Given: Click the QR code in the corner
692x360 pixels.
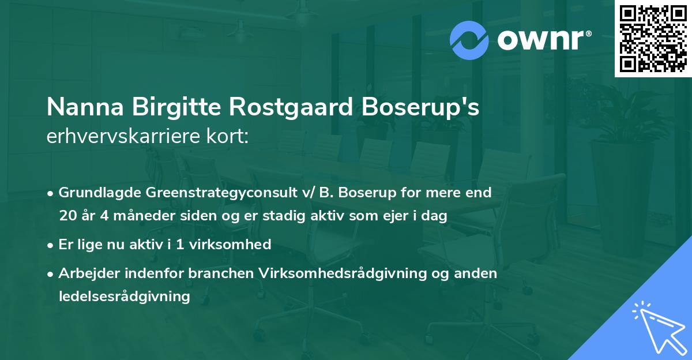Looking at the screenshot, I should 653,39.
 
